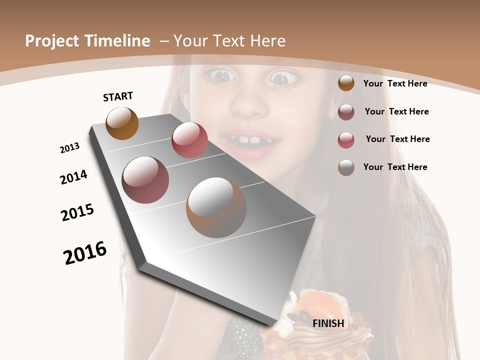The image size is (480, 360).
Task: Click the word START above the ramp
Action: (x=118, y=96)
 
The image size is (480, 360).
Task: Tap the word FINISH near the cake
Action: (x=328, y=323)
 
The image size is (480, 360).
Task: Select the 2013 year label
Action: (x=69, y=148)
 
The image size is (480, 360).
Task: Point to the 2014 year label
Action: (x=73, y=177)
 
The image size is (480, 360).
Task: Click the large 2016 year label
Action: (x=85, y=253)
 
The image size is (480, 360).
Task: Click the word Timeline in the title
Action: (x=117, y=41)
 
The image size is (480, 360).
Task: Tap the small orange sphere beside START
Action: (x=122, y=123)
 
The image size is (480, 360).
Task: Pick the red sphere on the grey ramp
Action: (x=189, y=140)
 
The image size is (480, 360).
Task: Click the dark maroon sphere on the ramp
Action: (x=145, y=180)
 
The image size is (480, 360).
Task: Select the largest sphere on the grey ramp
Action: (x=216, y=207)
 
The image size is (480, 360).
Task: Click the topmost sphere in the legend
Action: (x=346, y=83)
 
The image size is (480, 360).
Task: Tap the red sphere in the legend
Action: (x=346, y=139)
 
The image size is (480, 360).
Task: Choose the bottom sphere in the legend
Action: (x=346, y=167)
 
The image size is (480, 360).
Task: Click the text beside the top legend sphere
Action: (x=395, y=83)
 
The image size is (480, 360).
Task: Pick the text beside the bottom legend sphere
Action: (x=395, y=167)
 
